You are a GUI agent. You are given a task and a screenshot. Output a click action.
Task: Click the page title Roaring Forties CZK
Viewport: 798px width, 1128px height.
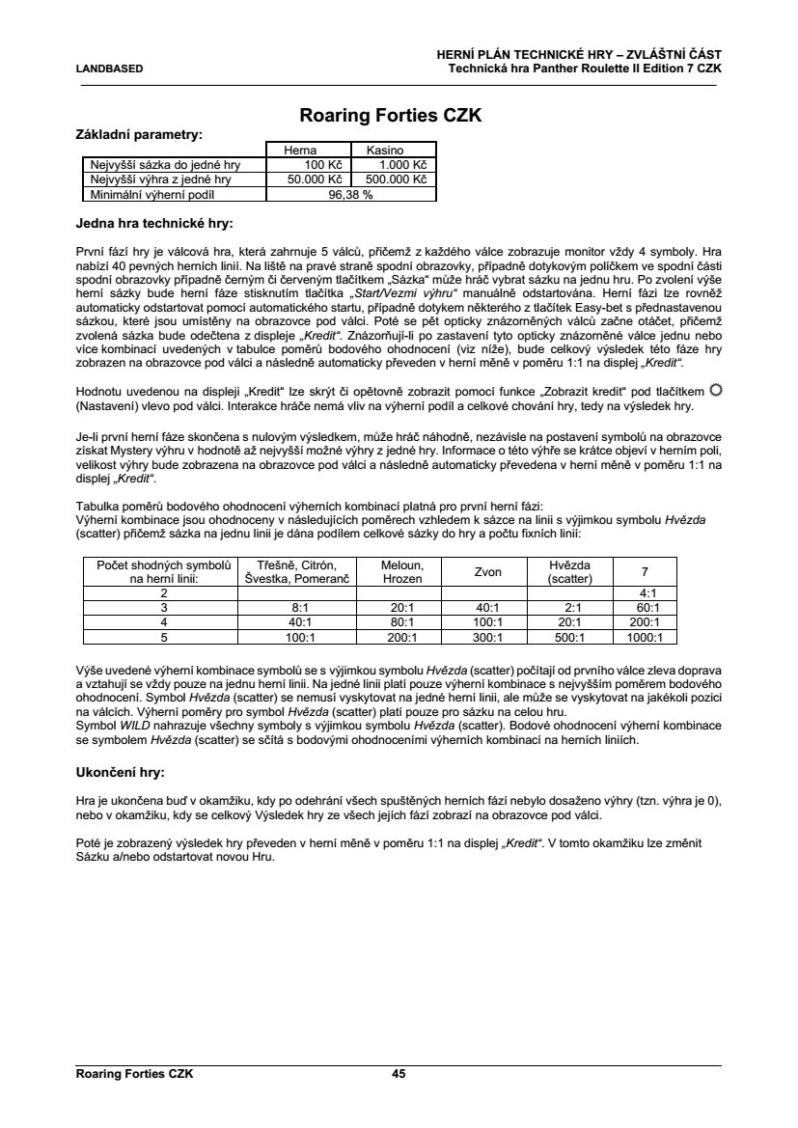(391, 117)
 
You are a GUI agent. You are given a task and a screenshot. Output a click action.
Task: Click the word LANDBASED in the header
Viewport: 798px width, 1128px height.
(109, 69)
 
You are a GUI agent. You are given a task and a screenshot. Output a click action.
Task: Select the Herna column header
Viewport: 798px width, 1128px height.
(299, 151)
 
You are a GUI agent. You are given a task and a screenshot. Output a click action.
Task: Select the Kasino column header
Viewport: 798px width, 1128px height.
(384, 151)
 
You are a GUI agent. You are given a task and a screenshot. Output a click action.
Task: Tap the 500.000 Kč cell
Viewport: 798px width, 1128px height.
(395, 179)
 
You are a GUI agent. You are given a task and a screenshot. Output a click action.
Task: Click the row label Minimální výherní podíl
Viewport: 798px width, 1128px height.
(149, 193)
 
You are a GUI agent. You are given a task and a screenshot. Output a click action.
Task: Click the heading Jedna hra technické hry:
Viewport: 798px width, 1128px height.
(153, 224)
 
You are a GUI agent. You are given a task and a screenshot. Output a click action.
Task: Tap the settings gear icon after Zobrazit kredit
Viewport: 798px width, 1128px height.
(715, 390)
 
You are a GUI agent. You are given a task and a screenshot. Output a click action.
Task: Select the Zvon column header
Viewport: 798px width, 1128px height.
(487, 571)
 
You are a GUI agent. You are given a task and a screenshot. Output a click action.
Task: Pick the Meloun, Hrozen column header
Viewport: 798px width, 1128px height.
(397, 571)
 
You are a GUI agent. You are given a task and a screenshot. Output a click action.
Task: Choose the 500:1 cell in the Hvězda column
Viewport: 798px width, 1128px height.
(569, 637)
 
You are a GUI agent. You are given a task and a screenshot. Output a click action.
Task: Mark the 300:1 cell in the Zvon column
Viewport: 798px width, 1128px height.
(487, 637)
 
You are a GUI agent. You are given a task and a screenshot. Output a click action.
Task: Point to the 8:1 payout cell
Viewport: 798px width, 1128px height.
(298, 608)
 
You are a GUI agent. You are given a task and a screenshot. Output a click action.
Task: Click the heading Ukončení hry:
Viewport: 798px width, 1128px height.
(120, 773)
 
